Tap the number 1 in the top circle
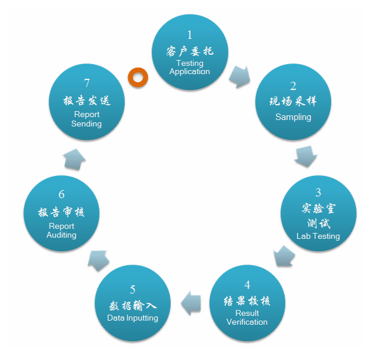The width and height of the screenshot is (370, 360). tap(190, 35)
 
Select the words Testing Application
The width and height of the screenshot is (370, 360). tap(190, 68)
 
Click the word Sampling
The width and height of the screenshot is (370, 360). tap(293, 117)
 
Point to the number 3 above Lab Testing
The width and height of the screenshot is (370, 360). tap(318, 192)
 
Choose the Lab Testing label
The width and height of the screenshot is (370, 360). tap(318, 236)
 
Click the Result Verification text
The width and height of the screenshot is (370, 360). tap(247, 318)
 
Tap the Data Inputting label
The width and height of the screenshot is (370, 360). tap(132, 318)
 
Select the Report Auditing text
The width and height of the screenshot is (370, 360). tap(61, 231)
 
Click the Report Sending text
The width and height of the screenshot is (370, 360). tap(86, 119)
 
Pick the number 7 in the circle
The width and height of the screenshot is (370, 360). tap(87, 83)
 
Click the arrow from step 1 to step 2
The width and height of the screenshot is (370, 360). tap(239, 76)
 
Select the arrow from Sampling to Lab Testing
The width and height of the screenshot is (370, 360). tap(306, 156)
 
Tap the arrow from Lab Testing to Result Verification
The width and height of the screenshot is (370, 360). tap(284, 256)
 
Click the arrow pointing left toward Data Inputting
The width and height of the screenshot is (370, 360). tap(191, 303)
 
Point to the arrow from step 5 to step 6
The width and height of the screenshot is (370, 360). tap(98, 261)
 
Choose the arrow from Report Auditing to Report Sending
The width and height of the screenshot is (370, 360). tap(74, 159)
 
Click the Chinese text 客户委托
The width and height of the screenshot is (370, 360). tap(190, 51)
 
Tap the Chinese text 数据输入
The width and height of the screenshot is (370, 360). tap(132, 306)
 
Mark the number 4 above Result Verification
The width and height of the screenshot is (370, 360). tap(247, 285)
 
